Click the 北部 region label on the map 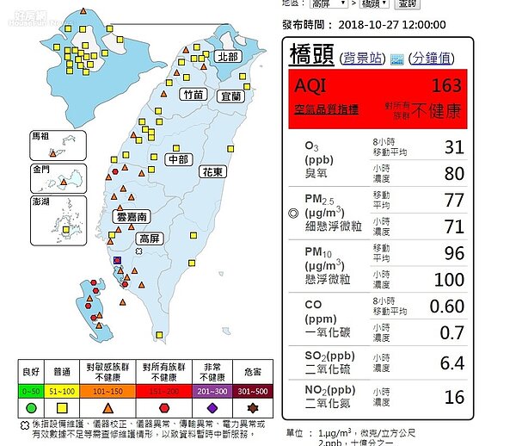[228, 56]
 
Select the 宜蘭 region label [231, 96]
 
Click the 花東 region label [213, 171]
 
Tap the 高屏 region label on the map [150, 238]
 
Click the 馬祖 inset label [40, 136]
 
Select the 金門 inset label [40, 170]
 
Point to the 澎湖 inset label [40, 201]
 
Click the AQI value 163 [446, 86]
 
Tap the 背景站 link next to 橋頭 [363, 58]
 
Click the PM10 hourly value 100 [448, 280]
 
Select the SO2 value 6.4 [451, 363]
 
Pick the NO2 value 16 [453, 397]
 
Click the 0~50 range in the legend [31, 390]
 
